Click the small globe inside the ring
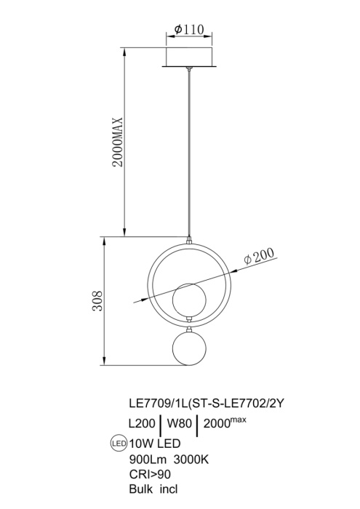[x=188, y=299]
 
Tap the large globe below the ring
[x=188, y=351]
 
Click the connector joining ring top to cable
[x=189, y=239]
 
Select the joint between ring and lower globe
[x=188, y=324]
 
